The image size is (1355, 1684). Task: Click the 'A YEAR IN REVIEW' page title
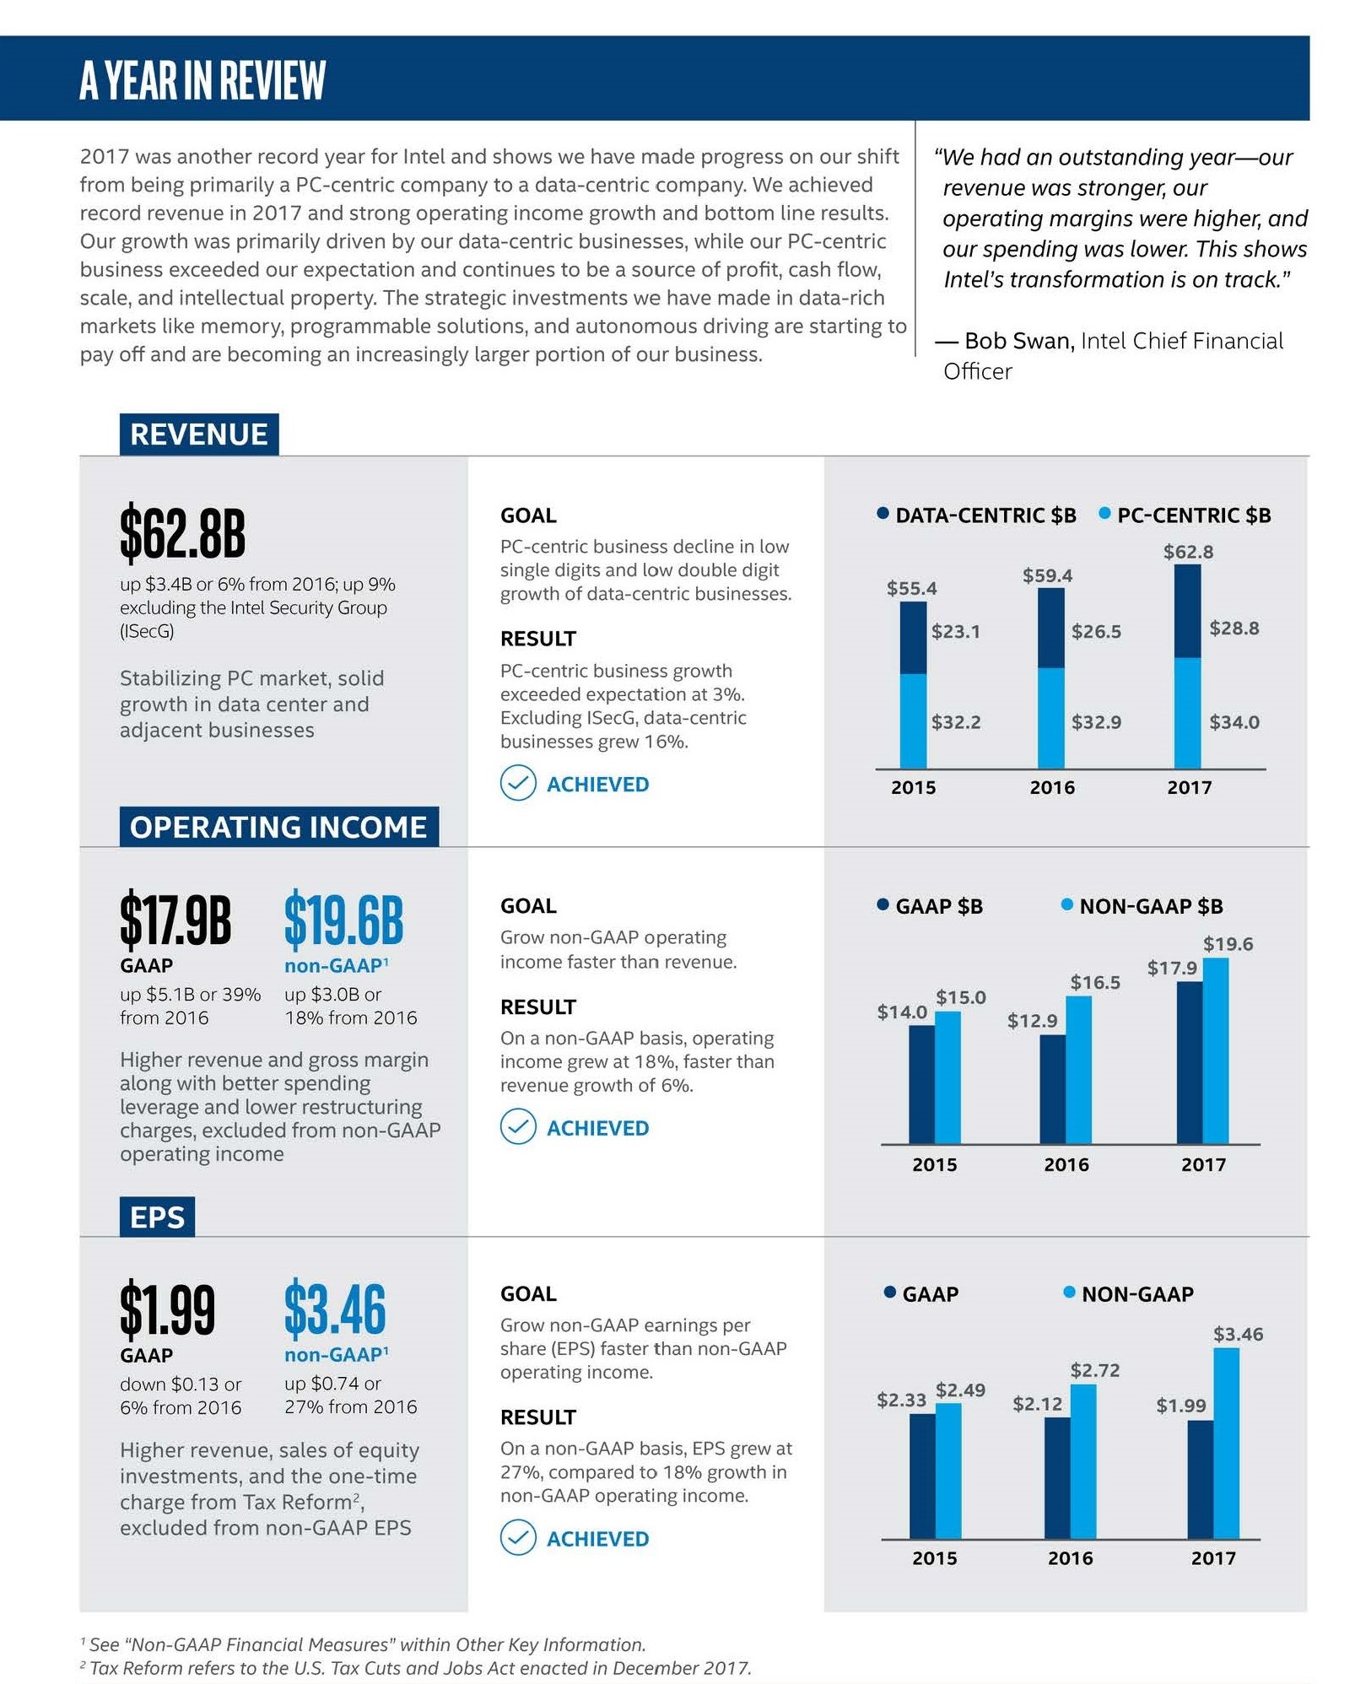click(x=202, y=80)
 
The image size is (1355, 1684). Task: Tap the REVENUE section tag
click(x=199, y=434)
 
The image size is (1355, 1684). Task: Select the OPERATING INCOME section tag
click(x=278, y=827)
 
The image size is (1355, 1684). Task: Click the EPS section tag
click(x=157, y=1217)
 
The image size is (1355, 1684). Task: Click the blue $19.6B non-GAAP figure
click(x=343, y=920)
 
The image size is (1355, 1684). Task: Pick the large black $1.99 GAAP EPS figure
click(x=167, y=1310)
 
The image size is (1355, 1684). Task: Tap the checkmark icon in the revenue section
click(x=518, y=783)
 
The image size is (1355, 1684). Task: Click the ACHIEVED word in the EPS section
click(x=597, y=1539)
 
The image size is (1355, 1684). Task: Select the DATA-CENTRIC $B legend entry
click(x=976, y=515)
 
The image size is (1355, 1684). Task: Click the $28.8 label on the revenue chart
click(x=1234, y=628)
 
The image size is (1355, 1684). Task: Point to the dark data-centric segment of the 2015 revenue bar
click(x=913, y=638)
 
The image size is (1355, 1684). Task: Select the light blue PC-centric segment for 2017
click(x=1187, y=713)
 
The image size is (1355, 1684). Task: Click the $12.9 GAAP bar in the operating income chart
click(x=1052, y=1088)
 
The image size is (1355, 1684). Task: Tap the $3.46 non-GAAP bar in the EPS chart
click(x=1226, y=1443)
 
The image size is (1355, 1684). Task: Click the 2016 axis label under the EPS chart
click(x=1070, y=1558)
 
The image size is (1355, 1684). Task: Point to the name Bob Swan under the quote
click(x=1018, y=341)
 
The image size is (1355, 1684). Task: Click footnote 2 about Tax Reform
click(x=418, y=1668)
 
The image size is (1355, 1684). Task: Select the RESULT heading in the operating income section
click(x=537, y=1007)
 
